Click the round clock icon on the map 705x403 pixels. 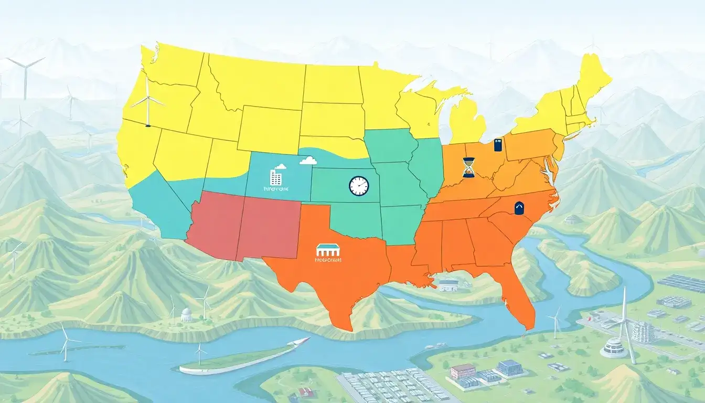click(x=359, y=186)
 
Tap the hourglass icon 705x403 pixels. click(x=468, y=167)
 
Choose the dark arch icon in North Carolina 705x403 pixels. click(x=519, y=208)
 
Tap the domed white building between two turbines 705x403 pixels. click(x=186, y=314)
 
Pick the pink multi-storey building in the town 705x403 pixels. click(x=462, y=371)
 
